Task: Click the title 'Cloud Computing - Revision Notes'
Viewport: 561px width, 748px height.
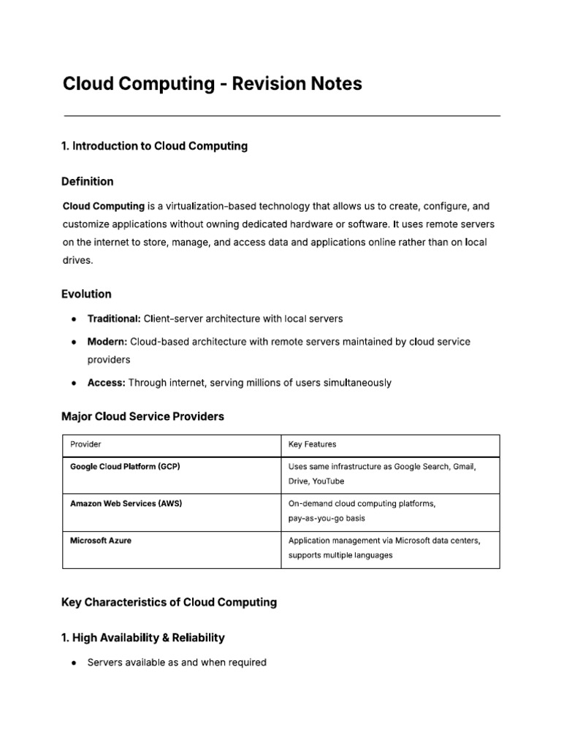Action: coord(212,84)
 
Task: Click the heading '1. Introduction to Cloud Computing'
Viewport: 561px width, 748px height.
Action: coord(155,146)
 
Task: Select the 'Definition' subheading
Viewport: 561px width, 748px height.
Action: coord(88,181)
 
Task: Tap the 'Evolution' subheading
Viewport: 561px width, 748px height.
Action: coord(87,294)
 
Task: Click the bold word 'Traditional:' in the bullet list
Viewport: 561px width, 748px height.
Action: coord(114,319)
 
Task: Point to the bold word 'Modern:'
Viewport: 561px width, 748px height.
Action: coord(107,342)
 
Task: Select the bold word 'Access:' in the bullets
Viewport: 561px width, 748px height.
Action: coord(107,383)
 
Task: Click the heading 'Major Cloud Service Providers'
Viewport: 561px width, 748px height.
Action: coord(143,417)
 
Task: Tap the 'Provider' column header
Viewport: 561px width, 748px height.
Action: coord(85,444)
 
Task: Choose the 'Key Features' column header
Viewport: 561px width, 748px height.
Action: coord(313,444)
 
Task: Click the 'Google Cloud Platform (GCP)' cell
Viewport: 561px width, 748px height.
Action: coord(125,466)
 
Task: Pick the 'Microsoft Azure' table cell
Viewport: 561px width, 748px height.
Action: coord(101,541)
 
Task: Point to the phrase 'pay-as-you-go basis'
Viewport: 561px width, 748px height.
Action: coord(327,519)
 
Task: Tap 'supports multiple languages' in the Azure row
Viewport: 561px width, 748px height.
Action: coord(340,555)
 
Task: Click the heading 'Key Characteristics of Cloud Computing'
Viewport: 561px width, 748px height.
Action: coord(169,603)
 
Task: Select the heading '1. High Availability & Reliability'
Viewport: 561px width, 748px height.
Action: coord(143,638)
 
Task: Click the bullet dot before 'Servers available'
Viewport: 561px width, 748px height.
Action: coord(75,663)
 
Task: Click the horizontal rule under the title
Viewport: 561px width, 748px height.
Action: coord(282,115)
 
